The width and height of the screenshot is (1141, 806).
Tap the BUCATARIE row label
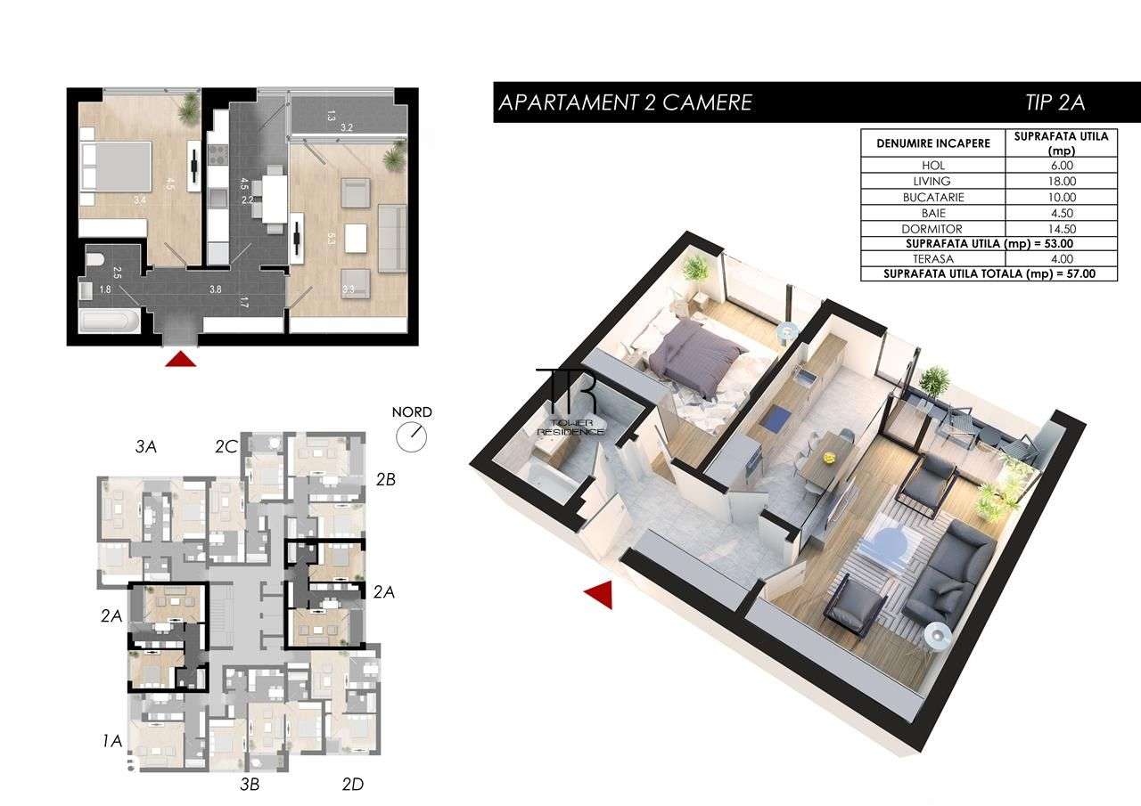[932, 197]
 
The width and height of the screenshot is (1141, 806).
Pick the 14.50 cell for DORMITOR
[1061, 228]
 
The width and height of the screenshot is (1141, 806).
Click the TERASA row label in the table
[932, 258]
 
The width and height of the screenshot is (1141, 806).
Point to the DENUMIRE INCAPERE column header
[932, 143]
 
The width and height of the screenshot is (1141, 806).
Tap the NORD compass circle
[412, 435]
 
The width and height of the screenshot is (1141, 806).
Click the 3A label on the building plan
[146, 448]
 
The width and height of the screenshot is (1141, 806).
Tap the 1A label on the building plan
[111, 739]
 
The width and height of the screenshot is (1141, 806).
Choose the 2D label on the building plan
[353, 785]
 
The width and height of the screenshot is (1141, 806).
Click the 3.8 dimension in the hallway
[215, 289]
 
